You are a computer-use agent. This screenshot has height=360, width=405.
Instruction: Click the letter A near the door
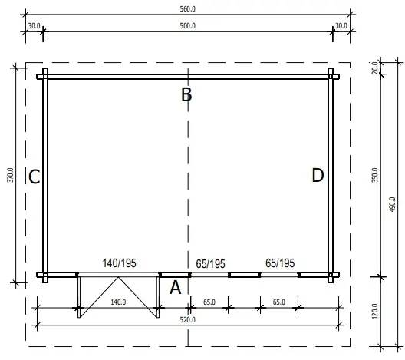tap(175, 288)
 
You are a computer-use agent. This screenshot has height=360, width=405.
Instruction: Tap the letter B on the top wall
tap(186, 95)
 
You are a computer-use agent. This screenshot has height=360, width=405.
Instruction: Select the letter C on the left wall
tap(34, 178)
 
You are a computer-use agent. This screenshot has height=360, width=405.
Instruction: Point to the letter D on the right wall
tap(318, 176)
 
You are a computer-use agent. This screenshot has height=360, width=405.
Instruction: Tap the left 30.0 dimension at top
tap(34, 25)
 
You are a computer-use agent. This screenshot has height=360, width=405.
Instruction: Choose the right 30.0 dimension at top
tap(341, 25)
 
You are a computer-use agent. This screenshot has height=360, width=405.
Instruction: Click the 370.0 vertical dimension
tap(10, 176)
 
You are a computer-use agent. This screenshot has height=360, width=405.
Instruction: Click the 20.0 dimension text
tap(375, 68)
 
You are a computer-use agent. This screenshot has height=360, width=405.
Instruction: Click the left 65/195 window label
tap(210, 263)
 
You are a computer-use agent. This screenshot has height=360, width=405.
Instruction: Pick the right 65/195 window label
tap(279, 263)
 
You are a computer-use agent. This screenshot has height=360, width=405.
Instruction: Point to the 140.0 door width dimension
tap(117, 302)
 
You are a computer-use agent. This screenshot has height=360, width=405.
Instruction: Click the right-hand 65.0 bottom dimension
tap(279, 302)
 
